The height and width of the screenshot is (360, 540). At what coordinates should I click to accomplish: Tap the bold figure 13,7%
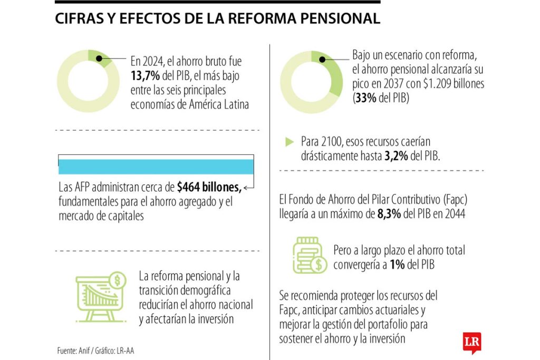point(144,76)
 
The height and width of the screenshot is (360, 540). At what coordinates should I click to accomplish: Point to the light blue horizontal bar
point(156,166)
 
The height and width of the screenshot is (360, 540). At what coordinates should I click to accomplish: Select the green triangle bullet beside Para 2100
point(289,142)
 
